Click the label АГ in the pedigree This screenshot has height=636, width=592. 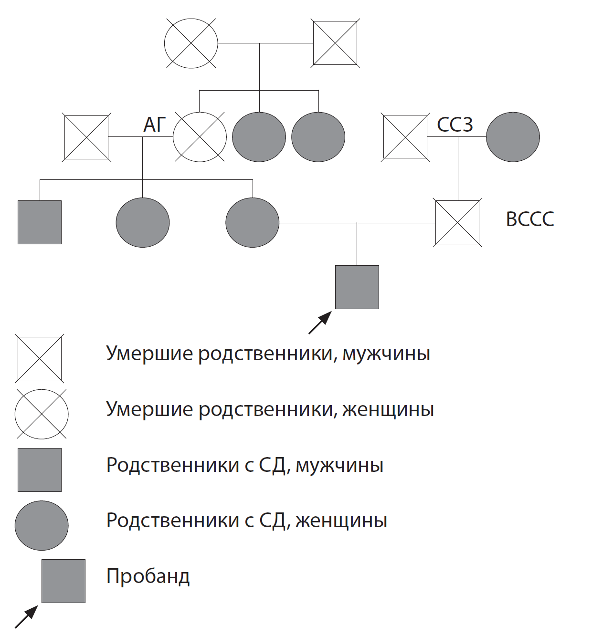coord(154,125)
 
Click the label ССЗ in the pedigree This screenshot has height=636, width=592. coord(455,125)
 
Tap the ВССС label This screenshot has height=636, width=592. coord(530,219)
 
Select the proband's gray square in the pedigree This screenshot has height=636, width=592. coord(357,287)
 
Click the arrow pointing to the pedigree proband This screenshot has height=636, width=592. coord(320,323)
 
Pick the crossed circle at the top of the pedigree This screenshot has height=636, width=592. coord(191,43)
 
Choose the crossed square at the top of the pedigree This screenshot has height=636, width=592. coord(335,43)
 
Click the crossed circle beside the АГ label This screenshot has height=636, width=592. coord(200,137)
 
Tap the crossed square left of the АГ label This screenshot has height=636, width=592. coord(86,137)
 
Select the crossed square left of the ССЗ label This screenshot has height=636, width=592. coord(405,137)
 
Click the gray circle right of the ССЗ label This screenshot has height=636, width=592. coord(513,137)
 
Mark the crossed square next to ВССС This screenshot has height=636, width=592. coord(457,222)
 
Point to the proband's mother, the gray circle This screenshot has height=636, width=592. coord(252,222)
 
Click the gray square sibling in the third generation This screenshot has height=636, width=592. coord(40,222)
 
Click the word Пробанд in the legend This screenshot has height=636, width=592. coord(148,576)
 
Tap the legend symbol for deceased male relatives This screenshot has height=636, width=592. coord(40,358)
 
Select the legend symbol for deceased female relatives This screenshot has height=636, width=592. coord(42,414)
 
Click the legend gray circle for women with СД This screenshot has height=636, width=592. coord(42,525)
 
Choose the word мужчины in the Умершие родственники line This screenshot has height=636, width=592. coord(386,354)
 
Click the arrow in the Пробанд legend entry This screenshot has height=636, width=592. coord(26,616)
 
